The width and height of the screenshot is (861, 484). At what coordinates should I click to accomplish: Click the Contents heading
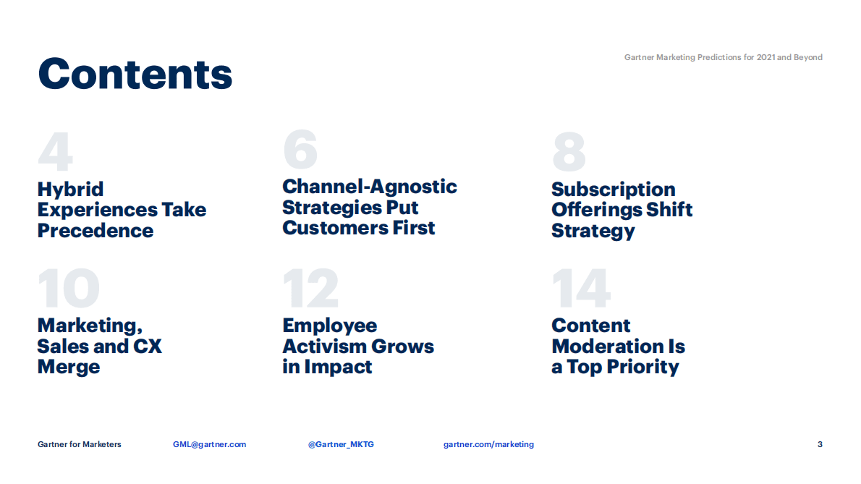click(x=135, y=73)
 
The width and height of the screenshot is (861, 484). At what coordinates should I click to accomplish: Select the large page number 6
click(x=300, y=150)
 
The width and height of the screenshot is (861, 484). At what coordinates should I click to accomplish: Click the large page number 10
click(x=68, y=289)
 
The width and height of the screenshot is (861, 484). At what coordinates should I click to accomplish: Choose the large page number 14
click(x=581, y=289)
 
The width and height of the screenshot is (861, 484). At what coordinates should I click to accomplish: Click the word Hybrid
click(x=70, y=190)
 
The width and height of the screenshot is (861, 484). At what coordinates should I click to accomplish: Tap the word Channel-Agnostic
click(x=369, y=187)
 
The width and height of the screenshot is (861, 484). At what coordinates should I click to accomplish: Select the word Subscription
click(x=613, y=190)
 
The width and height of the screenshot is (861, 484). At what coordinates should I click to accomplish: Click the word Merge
click(x=68, y=367)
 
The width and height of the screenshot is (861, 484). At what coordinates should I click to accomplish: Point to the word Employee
click(x=329, y=326)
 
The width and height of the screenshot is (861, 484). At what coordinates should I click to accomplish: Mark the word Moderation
click(x=618, y=347)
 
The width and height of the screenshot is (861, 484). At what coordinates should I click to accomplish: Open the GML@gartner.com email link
click(x=209, y=444)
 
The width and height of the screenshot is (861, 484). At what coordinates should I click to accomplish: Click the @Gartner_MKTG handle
click(x=341, y=444)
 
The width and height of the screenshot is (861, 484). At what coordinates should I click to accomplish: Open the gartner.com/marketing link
click(x=488, y=444)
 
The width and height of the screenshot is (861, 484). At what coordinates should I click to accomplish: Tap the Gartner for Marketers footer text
click(x=80, y=444)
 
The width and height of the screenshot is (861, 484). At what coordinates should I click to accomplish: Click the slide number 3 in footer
click(x=820, y=444)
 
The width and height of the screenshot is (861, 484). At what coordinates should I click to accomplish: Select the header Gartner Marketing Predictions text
click(x=723, y=57)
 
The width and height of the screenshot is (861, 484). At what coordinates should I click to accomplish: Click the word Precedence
click(x=96, y=231)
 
